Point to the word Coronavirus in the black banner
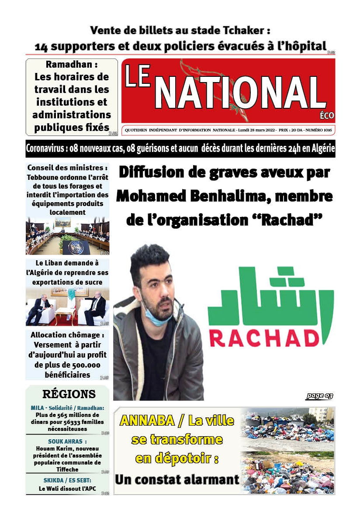click(45, 148)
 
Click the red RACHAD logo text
click(270, 338)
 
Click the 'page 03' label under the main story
click(319, 396)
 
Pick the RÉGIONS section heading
click(69, 394)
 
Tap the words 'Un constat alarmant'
click(177, 479)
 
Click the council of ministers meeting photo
click(68, 237)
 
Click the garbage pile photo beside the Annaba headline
click(287, 451)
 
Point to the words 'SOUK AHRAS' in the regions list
click(65, 441)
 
